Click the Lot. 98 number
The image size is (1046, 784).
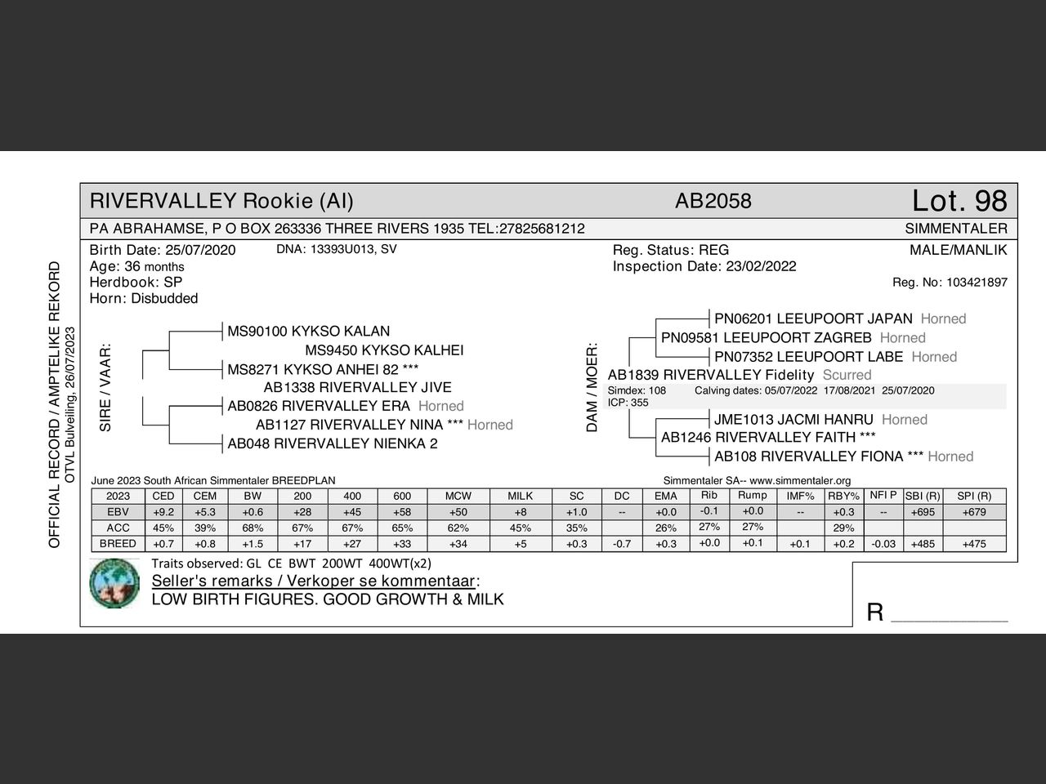pos(959,201)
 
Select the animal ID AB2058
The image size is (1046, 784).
pos(713,201)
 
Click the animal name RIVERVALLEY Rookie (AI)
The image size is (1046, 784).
pos(221,201)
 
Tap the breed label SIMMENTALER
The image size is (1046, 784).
pos(956,229)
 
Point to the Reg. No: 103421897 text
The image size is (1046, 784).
pos(950,283)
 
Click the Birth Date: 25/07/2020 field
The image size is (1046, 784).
pos(163,250)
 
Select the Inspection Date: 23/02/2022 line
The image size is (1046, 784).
pos(704,266)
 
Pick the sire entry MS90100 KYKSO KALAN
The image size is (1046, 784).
pos(308,332)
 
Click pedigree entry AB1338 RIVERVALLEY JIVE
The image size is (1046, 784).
pos(357,387)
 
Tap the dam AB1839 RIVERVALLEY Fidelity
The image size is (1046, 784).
pos(711,375)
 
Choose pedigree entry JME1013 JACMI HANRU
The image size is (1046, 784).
pos(793,420)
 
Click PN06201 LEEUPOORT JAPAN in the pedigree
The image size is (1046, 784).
pos(813,318)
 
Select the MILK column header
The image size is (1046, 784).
pos(520,496)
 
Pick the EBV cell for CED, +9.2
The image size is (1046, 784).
pos(163,512)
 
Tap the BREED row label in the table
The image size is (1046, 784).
pos(118,544)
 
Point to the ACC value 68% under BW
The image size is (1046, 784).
pos(253,528)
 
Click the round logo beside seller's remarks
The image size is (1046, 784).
pos(114,583)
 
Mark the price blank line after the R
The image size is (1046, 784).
pos(949,614)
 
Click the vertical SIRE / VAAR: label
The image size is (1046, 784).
pos(105,387)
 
